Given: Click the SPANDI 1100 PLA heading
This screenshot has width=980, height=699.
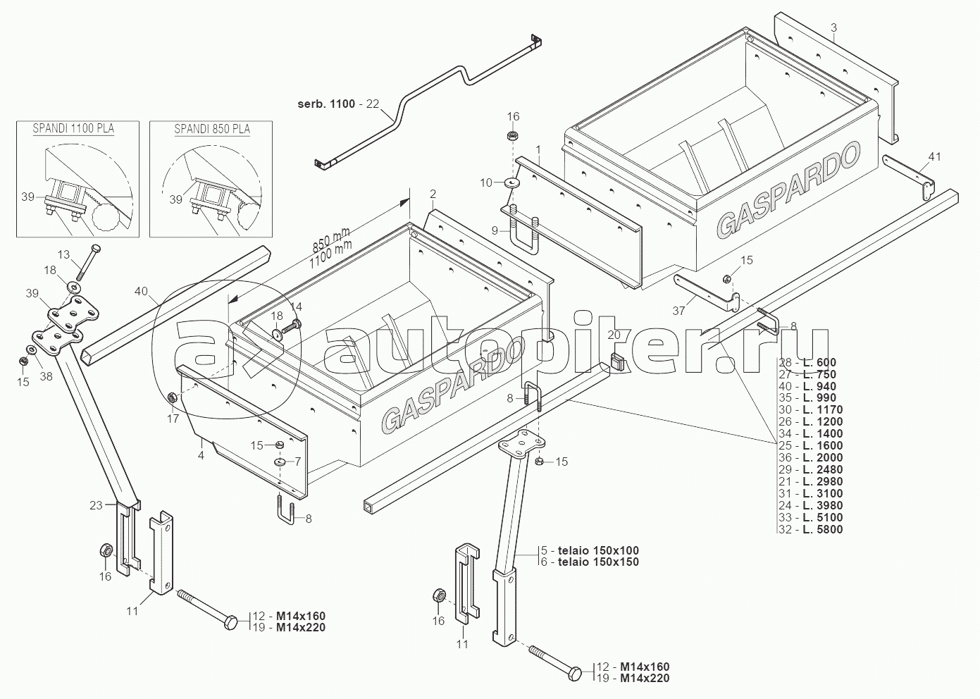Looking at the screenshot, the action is point(73,129).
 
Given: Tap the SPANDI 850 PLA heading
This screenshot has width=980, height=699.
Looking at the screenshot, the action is point(212,129).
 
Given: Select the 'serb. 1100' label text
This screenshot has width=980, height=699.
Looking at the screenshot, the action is point(326,104).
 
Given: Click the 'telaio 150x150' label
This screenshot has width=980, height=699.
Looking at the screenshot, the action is point(598,562).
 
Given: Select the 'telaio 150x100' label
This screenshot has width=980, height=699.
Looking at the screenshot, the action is point(598,550).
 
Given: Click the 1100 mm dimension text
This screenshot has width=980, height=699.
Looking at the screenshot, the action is point(330,255).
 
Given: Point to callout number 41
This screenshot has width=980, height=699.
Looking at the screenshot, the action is point(934,156).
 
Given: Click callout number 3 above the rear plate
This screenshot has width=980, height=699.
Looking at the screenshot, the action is point(833,27).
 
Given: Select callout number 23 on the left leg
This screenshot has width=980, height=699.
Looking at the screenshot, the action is point(96,505).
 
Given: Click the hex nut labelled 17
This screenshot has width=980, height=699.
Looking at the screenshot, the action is point(172,397).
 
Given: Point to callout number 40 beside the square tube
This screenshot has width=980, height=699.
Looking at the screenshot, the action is point(141,290).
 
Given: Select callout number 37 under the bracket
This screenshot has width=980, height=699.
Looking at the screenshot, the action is point(678,311).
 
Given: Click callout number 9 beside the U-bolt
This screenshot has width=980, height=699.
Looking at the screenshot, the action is point(495,230).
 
